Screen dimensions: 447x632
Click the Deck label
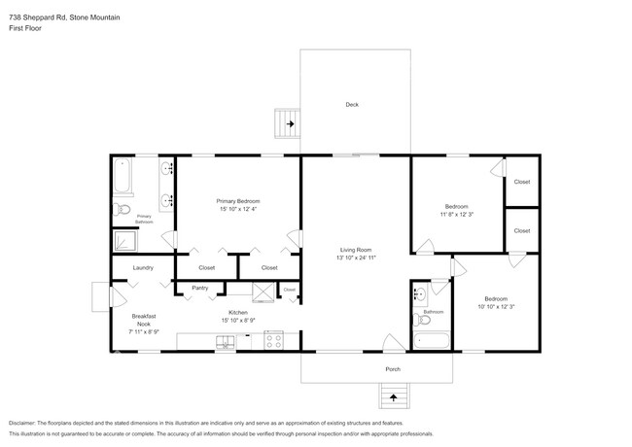352,105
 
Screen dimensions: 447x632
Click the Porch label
393,369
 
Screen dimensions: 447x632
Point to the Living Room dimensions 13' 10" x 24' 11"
356,258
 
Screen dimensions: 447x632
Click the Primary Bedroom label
238,200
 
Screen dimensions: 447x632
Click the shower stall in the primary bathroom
126,240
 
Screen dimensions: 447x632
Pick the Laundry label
143,267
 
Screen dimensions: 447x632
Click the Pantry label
199,288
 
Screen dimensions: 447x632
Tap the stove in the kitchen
272,341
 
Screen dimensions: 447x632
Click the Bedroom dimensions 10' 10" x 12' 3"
495,307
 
